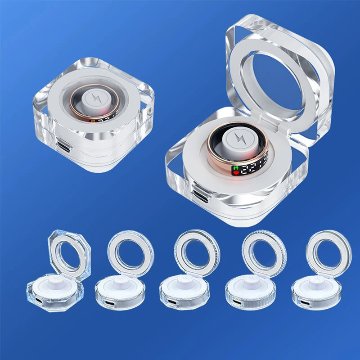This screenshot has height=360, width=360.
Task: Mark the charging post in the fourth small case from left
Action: (x=249, y=281)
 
